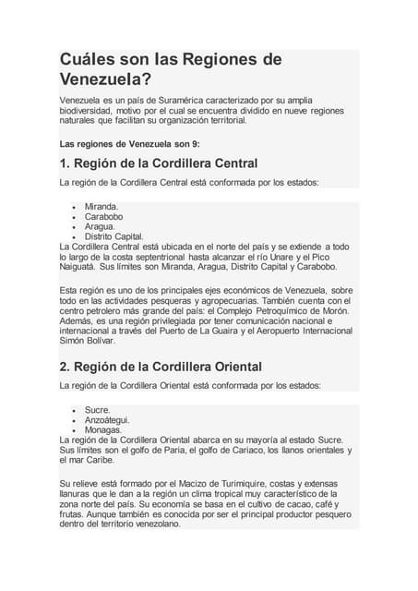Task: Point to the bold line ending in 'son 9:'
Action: point(128,144)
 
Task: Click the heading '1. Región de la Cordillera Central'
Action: point(158,163)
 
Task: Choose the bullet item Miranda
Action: point(102,206)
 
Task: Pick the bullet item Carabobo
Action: point(104,216)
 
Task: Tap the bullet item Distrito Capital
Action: point(113,236)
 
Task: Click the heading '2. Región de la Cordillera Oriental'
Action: point(161,366)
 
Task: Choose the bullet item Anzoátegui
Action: point(107,419)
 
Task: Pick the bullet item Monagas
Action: point(103,429)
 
